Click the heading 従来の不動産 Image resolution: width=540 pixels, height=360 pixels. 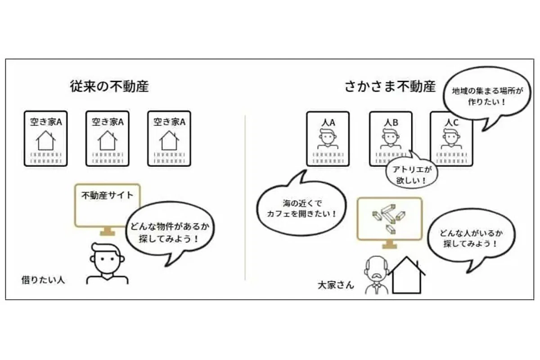coord(109,86)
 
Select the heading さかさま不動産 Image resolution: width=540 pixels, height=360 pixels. coord(391,86)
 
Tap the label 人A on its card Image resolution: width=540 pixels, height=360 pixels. coord(328,123)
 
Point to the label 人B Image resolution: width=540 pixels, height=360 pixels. coord(391,123)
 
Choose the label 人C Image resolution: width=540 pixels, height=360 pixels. coord(451,123)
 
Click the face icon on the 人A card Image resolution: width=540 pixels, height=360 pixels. coord(328,139)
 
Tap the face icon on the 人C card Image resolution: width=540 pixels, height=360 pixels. coord(451,139)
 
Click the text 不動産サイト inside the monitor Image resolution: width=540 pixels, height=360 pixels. coord(108,195)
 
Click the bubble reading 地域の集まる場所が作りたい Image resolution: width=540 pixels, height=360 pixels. coord(487,96)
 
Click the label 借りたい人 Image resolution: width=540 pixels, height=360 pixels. coord(43,280)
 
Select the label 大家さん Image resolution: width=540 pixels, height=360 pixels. coord(336,285)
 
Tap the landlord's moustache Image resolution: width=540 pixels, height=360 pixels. coord(376,275)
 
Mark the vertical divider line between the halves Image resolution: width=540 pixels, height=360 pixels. coord(245,198)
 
